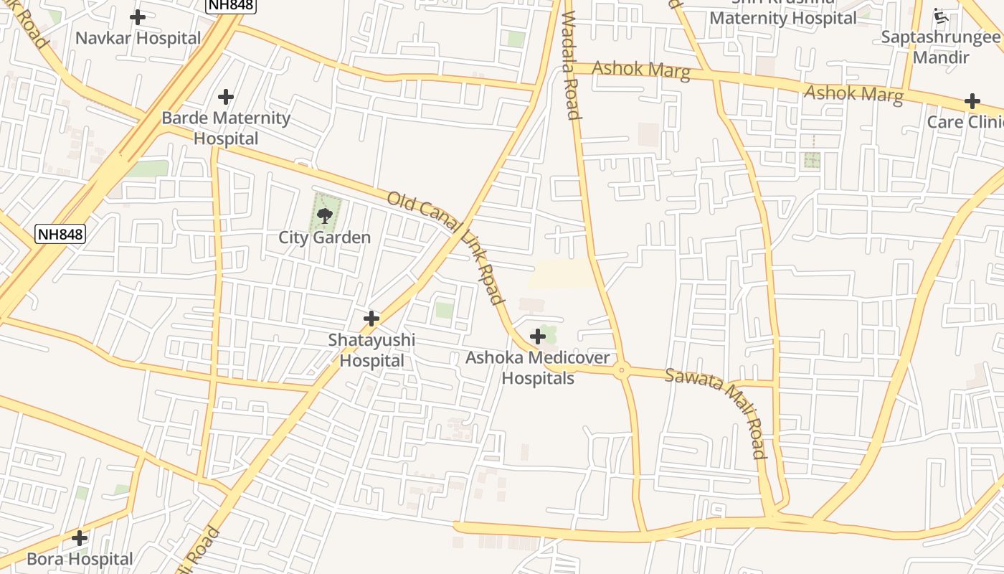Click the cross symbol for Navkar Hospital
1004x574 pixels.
138,17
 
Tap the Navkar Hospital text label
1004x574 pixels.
138,38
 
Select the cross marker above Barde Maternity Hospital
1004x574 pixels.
226,97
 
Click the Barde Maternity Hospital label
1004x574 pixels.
226,128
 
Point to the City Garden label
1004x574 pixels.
325,237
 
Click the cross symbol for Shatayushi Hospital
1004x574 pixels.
371,318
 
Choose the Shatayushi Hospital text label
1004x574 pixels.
371,350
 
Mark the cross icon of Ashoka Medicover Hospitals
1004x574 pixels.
537,336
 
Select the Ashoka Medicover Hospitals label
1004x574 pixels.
538,367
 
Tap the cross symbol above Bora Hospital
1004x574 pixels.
80,537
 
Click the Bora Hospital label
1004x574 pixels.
80,559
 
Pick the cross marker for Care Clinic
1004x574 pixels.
972,101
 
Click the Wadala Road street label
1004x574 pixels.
571,65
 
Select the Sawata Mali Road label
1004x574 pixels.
716,413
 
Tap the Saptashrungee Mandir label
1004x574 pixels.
940,47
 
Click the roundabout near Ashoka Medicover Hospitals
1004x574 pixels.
622,370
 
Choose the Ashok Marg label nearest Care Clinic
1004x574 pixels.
853,94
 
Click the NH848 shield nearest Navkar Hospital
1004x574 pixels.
231,5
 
